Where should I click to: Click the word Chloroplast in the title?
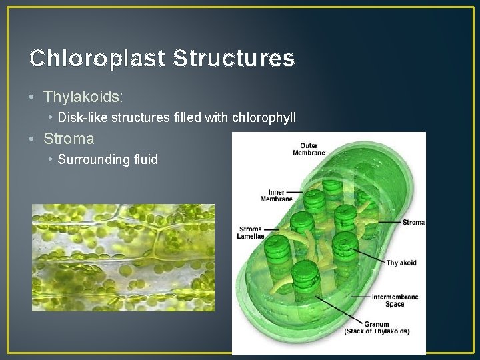97,59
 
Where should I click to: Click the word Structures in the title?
233,59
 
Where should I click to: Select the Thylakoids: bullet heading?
83,97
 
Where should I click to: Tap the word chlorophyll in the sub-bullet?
263,118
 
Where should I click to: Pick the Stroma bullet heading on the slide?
69,139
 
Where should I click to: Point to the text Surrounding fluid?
108,159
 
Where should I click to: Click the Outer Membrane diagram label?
309,149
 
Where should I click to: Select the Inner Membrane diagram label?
276,195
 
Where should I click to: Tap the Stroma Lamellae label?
251,233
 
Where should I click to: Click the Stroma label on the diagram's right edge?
413,222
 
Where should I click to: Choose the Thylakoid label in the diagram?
401,263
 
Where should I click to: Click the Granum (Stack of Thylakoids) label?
377,328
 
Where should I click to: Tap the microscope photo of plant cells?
123,257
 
